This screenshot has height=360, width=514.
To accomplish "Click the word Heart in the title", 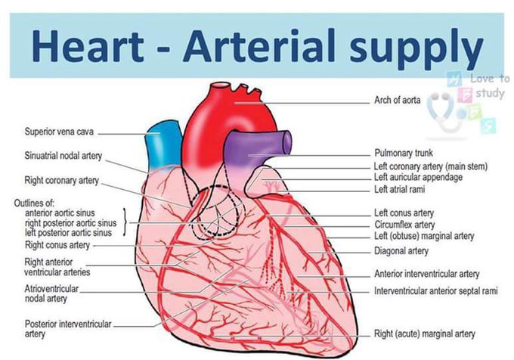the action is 88,45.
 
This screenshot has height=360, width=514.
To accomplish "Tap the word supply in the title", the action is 416,49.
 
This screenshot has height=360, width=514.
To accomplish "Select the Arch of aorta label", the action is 398,100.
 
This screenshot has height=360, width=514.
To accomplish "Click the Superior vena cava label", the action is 59,132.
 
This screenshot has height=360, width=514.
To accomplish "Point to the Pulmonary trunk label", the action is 404,153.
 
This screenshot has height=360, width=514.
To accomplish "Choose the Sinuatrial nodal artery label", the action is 63,156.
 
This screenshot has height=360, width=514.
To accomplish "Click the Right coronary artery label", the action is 62,181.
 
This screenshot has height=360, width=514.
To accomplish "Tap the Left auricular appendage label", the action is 418,178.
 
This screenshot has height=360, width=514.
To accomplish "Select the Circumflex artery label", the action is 404,225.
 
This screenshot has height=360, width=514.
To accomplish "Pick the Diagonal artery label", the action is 401,251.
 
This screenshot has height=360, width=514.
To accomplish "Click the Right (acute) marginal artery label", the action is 425,334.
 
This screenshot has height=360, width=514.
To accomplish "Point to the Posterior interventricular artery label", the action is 68,329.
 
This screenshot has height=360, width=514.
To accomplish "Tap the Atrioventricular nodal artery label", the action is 52,293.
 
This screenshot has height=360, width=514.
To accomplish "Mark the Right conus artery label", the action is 57,245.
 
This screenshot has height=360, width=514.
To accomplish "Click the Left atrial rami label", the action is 400,189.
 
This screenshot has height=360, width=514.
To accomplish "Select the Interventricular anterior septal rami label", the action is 436,291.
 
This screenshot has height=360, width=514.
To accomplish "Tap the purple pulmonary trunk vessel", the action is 255,147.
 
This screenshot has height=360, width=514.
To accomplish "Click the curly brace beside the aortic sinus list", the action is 125,222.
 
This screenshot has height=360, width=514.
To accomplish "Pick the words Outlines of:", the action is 34,203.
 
